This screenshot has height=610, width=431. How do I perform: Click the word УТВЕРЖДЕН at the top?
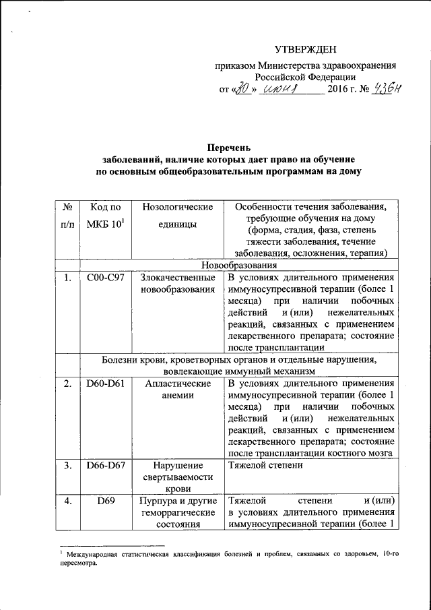[x=306, y=51]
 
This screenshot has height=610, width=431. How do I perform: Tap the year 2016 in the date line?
[x=339, y=90]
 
